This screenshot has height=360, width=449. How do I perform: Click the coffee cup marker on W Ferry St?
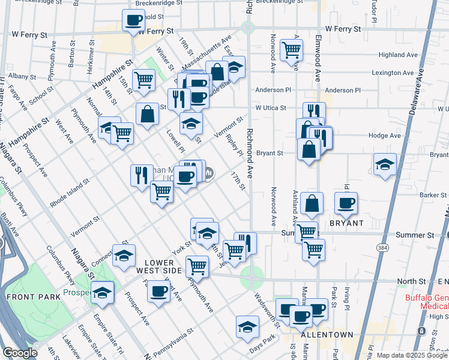(133, 20)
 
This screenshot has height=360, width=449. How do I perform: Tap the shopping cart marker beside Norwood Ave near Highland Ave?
(291, 50)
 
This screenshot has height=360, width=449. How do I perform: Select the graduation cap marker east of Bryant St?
(384, 164)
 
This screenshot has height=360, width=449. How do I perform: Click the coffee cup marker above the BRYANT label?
(345, 203)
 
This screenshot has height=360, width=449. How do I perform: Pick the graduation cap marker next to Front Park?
(103, 292)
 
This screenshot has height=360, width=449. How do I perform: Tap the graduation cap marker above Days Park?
(247, 326)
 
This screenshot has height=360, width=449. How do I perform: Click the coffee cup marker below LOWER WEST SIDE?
(159, 292)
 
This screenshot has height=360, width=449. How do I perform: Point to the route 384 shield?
(382, 247)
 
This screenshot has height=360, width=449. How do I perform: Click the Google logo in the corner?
(20, 353)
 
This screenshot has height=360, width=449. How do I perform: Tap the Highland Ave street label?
(399, 55)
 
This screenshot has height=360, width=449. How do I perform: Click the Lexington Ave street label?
(393, 73)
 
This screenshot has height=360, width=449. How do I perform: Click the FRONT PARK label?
(34, 297)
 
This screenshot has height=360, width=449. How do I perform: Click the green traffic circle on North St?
(252, 278)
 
